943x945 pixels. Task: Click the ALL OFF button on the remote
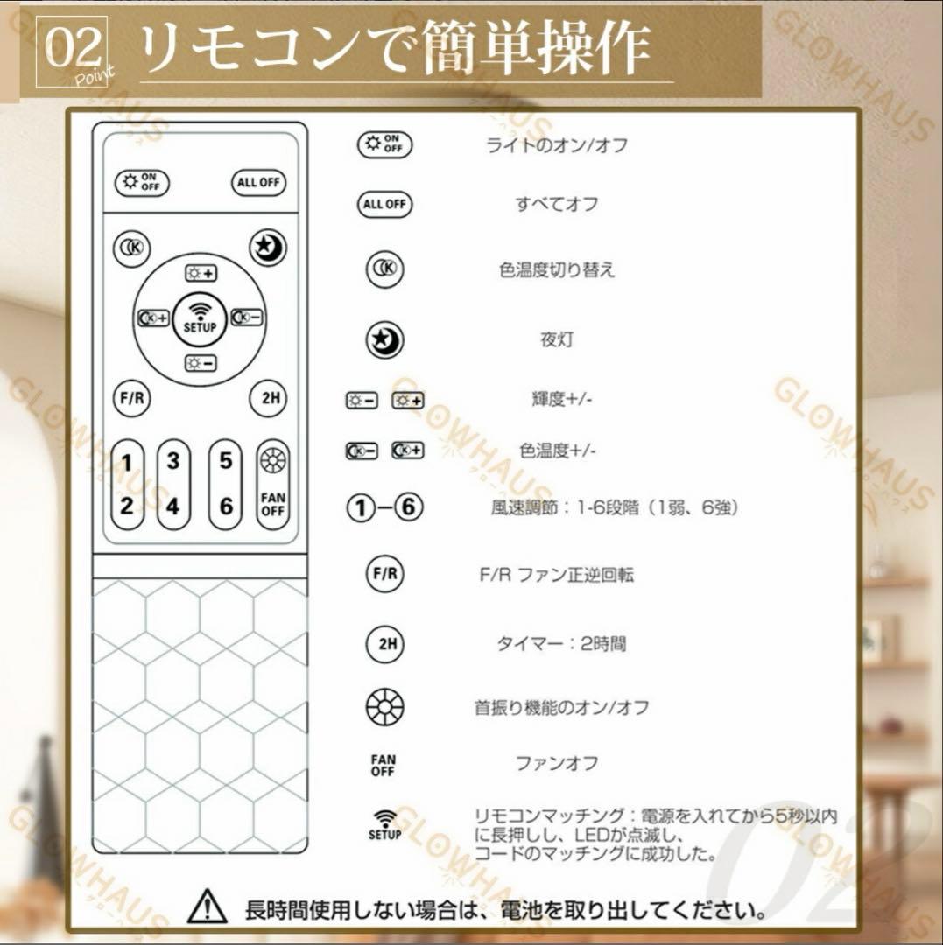[x=259, y=183]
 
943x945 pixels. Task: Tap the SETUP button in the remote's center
[x=200, y=318]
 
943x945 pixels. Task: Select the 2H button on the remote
[x=269, y=399]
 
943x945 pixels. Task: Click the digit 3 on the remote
[x=173, y=461]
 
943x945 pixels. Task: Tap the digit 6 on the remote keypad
[x=226, y=506]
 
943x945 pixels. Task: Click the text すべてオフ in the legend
[x=557, y=204]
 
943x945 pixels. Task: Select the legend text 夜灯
[x=557, y=339]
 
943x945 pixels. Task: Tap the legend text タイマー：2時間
[x=561, y=644]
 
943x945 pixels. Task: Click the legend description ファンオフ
[x=557, y=764]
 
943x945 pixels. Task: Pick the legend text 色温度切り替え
[x=557, y=270]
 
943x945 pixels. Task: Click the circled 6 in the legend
[x=409, y=508]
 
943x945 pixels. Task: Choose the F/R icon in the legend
[x=385, y=575]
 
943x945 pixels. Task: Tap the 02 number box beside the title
[x=73, y=51]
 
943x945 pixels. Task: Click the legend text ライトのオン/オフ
[x=557, y=145]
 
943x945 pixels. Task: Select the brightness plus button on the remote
[x=201, y=273]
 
